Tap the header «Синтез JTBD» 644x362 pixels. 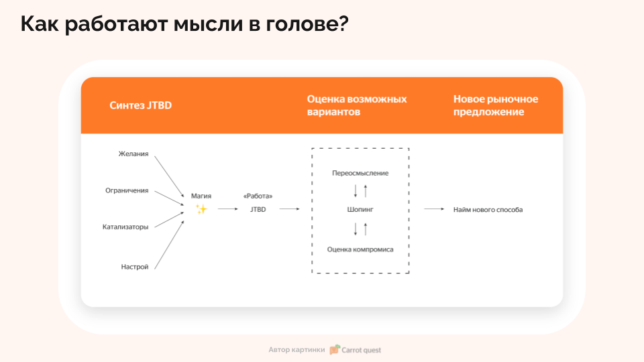coord(140,105)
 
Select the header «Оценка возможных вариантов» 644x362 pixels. coord(357,105)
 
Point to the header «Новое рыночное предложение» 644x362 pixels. coord(496,105)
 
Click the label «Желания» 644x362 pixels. coord(133,154)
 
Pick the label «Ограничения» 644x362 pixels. coord(127,190)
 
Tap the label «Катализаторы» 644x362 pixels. coord(125,227)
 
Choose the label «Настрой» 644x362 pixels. coord(135,267)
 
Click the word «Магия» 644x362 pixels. coord(201,196)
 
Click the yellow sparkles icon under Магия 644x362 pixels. coord(201,209)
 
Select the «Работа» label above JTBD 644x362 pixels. coord(258,196)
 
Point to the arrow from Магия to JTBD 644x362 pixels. coord(228,209)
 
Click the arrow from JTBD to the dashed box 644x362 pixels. coord(290,209)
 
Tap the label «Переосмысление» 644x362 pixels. coord(360,173)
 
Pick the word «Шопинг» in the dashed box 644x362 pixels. coord(360,209)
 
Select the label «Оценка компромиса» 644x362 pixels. coord(360,249)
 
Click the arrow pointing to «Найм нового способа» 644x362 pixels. coord(434,209)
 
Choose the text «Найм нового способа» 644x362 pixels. coord(488,210)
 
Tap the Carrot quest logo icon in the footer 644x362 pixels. coord(335,350)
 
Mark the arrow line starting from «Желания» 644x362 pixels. coord(169,177)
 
